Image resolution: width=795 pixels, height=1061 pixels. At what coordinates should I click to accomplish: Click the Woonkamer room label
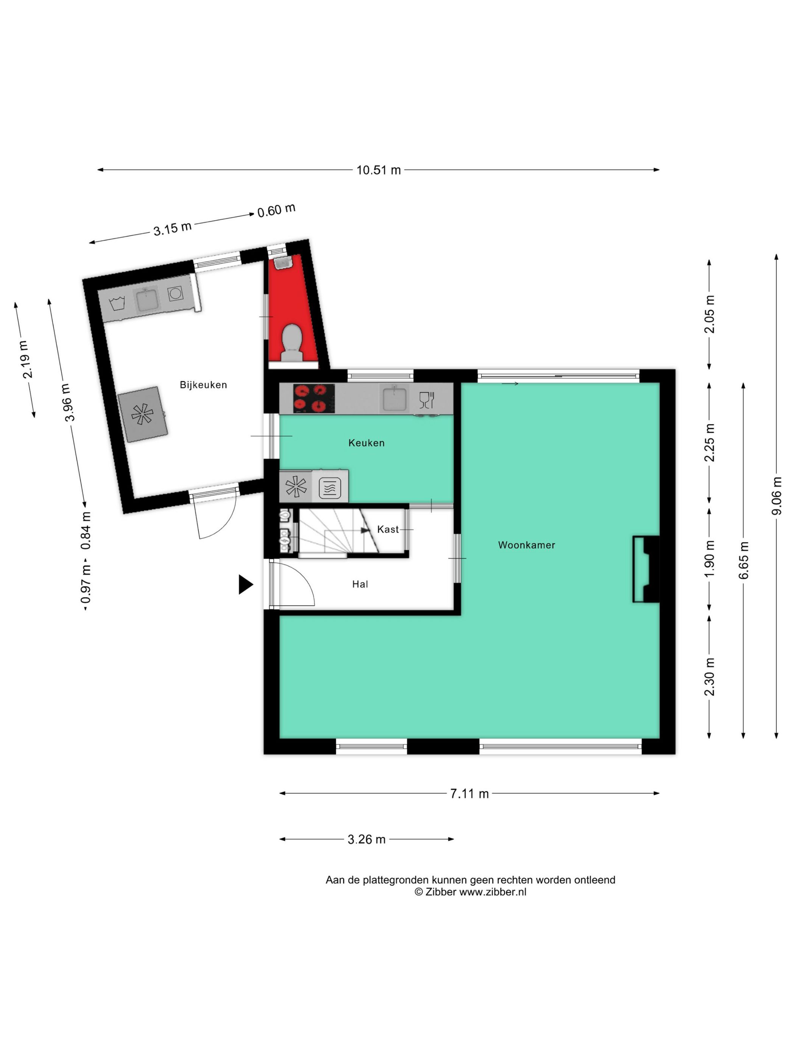(x=526, y=545)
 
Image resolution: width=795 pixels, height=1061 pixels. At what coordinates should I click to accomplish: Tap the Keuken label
(x=366, y=443)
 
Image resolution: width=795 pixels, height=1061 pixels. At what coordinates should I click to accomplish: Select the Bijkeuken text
(x=203, y=385)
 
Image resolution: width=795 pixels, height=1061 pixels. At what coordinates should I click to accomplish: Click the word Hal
(x=360, y=584)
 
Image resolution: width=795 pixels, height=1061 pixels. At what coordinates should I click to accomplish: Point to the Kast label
(x=387, y=529)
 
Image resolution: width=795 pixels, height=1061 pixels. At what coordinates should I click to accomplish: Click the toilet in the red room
(x=291, y=340)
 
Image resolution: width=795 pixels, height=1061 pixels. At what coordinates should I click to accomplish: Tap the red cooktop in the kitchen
(x=314, y=399)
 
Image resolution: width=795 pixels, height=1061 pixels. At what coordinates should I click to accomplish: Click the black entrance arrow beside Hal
(x=245, y=585)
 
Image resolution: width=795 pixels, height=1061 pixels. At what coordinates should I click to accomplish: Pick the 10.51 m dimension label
(x=378, y=170)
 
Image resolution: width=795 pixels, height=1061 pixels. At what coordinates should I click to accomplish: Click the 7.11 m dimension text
(x=469, y=794)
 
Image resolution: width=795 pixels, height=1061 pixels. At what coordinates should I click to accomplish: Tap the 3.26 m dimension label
(x=366, y=839)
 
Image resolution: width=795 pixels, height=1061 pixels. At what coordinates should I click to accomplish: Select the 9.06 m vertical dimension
(x=776, y=496)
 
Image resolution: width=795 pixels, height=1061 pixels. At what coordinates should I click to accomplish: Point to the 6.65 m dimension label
(x=743, y=560)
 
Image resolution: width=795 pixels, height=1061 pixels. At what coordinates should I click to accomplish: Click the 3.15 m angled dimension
(x=172, y=229)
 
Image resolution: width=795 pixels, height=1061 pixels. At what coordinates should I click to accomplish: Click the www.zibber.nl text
(x=492, y=892)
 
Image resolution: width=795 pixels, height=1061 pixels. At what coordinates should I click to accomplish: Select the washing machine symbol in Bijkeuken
(x=175, y=294)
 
